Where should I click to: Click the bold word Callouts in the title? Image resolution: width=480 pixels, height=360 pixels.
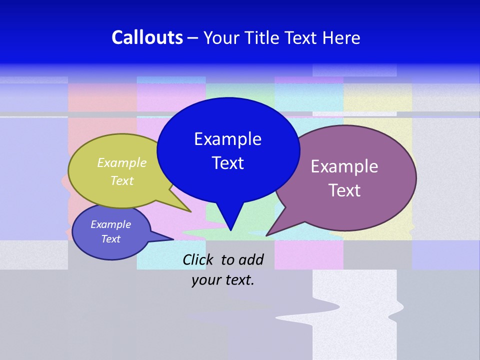[147, 37]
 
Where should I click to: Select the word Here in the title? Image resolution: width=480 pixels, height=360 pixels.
[341, 37]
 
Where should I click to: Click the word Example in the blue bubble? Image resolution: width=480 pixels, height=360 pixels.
[227, 139]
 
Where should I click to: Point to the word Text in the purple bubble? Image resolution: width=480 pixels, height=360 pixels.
[344, 190]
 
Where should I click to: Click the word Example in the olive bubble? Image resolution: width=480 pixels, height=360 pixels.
[122, 163]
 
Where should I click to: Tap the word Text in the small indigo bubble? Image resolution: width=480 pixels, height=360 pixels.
[110, 239]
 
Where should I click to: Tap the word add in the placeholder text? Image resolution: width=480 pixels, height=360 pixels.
[251, 259]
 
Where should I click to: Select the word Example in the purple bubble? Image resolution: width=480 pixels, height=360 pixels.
[344, 166]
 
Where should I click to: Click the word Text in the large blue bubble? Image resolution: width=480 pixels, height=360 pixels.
[227, 163]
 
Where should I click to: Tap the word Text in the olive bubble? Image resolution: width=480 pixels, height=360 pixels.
[122, 180]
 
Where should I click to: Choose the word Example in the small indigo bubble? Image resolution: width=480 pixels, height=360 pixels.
[110, 224]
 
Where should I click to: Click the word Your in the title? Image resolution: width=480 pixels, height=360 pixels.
[222, 37]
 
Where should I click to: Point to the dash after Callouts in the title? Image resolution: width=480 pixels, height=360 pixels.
[193, 38]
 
